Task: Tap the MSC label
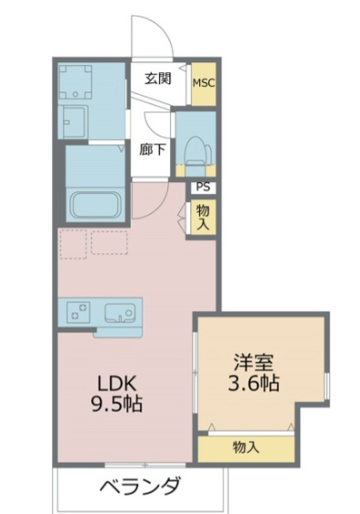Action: click(x=204, y=82)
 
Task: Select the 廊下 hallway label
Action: click(x=152, y=150)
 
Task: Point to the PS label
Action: click(x=202, y=187)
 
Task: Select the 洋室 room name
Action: click(x=253, y=360)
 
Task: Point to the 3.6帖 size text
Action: click(x=253, y=381)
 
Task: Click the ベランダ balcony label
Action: click(x=140, y=485)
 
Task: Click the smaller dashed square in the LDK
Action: click(x=73, y=244)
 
